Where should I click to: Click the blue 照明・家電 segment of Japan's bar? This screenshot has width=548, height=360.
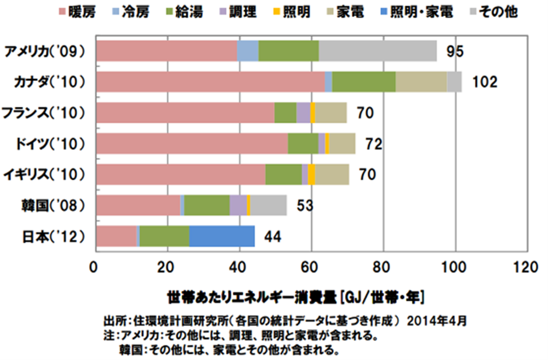point(221,236)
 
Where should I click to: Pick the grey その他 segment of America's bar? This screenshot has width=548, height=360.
point(377,51)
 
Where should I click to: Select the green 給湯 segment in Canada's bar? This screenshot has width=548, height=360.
point(363,82)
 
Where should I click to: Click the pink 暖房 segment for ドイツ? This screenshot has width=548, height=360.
point(192,144)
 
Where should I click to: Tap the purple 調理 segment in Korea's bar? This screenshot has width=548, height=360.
point(238,205)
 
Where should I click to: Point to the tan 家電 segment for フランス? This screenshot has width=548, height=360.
point(330,112)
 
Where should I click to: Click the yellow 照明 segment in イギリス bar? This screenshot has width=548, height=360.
point(311,174)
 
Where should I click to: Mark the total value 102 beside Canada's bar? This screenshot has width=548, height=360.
point(485,83)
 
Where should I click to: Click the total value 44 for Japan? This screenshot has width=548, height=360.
point(273,236)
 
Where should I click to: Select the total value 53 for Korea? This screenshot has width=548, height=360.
point(305,205)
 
